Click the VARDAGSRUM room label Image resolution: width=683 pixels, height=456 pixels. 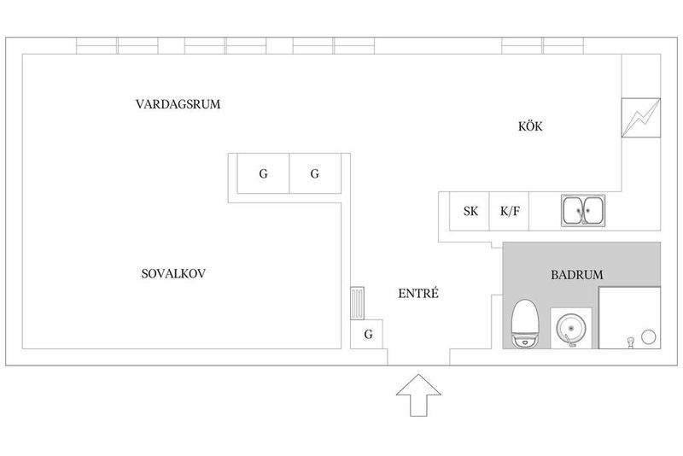click(x=178, y=104)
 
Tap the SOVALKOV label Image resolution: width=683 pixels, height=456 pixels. click(x=173, y=273)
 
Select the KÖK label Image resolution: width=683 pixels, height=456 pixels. click(x=530, y=126)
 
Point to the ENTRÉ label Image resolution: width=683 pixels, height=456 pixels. click(x=418, y=293)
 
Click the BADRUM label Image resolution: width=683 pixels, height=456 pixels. click(x=577, y=275)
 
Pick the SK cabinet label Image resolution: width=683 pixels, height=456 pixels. click(x=470, y=211)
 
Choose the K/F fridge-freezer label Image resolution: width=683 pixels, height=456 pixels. click(x=510, y=211)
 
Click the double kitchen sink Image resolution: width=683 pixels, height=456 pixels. click(x=583, y=211)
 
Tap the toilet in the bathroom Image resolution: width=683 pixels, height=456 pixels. click(x=525, y=324)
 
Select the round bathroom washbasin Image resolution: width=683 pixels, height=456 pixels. click(x=571, y=329)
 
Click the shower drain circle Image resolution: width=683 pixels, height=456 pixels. click(x=649, y=336)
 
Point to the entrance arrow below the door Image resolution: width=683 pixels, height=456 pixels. click(x=418, y=395)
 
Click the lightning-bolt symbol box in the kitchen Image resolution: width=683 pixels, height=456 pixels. click(x=641, y=118)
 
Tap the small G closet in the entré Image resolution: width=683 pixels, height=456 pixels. click(x=367, y=334)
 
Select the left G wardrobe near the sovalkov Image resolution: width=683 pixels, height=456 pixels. click(x=263, y=174)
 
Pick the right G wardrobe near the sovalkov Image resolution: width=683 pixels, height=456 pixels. click(x=315, y=174)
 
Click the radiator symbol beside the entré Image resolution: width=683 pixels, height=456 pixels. click(x=357, y=303)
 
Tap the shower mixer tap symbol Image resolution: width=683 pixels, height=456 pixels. click(x=629, y=342)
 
